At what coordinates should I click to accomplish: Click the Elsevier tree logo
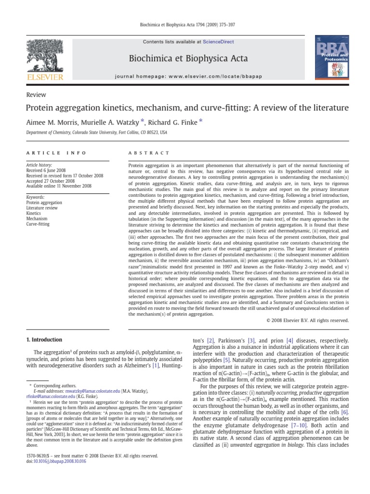point(45,58)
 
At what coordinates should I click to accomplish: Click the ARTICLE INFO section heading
point(56,153)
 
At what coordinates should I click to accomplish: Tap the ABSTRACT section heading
point(149,153)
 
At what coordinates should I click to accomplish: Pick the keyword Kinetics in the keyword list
point(34,213)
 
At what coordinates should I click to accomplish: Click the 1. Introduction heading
point(44,340)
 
